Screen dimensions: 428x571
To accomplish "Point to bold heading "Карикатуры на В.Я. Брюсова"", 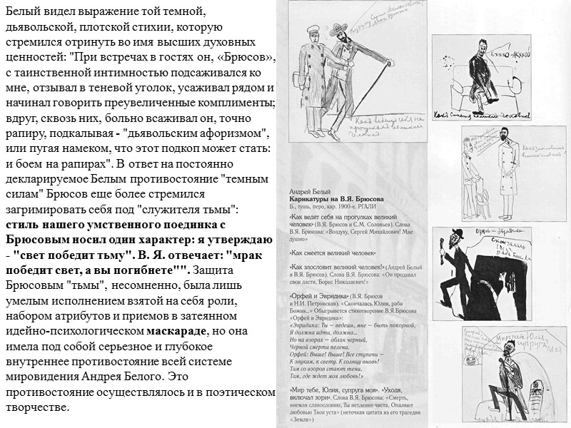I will pos(336,200).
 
